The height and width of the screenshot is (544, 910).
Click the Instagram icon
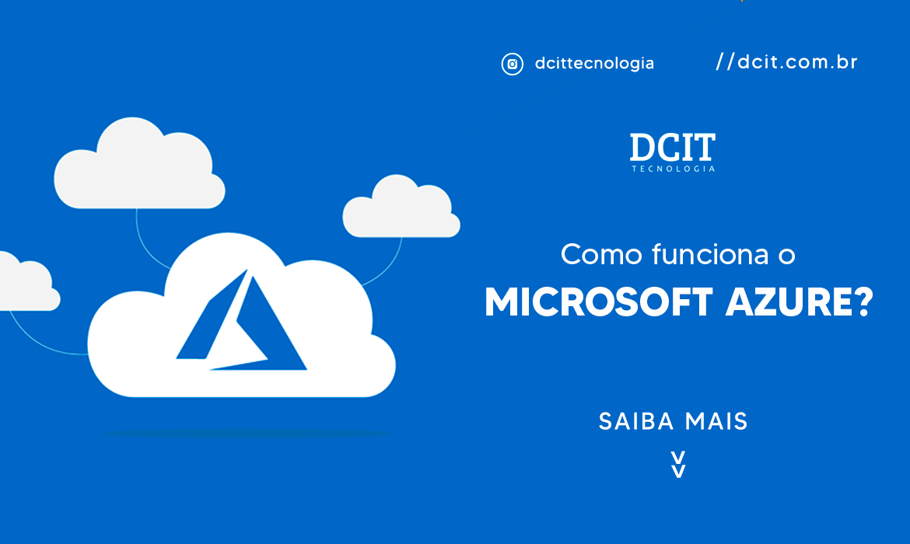[x=512, y=64]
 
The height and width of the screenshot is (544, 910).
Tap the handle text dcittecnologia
[x=594, y=63]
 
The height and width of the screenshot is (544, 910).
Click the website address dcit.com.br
[x=796, y=61]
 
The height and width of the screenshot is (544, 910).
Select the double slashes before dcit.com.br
[x=725, y=61]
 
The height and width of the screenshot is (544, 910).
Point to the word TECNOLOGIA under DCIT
[x=674, y=169]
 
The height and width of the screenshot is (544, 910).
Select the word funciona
[x=710, y=254]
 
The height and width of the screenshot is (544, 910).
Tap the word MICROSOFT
[x=598, y=302]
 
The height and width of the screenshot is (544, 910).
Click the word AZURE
[x=791, y=302]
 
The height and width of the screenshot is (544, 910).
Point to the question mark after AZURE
[x=865, y=302]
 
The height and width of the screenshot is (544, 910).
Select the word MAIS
[x=716, y=422]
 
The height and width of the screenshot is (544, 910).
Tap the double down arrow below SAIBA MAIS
[x=678, y=464]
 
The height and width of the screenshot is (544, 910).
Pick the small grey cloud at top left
[x=139, y=163]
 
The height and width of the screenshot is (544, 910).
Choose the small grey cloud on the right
[x=401, y=206]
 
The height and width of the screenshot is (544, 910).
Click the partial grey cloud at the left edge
[x=28, y=282]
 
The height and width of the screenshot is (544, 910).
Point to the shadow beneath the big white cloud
[x=247, y=433]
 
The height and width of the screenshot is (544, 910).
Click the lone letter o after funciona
[x=787, y=256]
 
